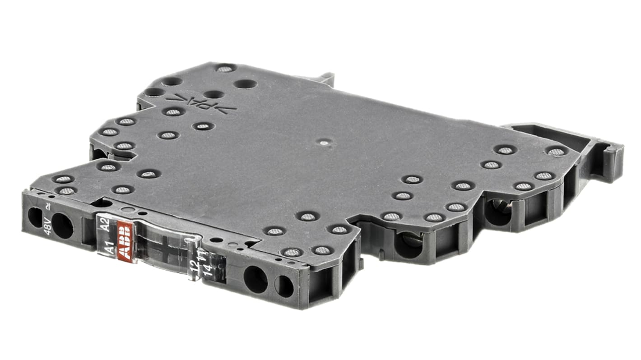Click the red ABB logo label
coord(124,240)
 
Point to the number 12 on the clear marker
coord(194,265)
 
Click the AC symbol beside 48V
coord(49,208)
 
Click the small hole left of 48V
coord(35,217)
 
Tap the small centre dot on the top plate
coord(324,143)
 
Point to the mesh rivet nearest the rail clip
coord(556,152)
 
